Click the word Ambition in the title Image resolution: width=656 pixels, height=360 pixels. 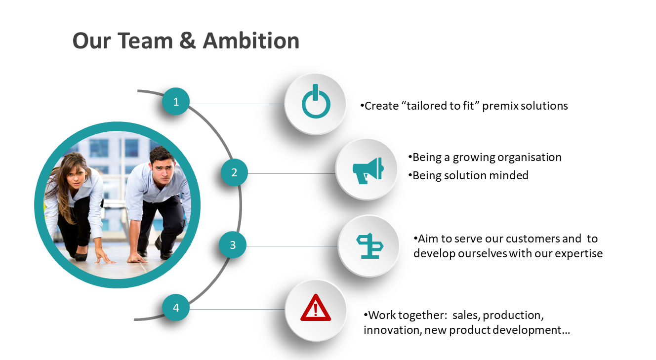[x=251, y=40]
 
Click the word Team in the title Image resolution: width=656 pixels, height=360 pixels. [x=145, y=40]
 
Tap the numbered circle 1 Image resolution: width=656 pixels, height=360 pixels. [x=176, y=101]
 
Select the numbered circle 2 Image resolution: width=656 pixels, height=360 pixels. [x=234, y=172]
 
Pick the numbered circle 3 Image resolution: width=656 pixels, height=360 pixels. [x=233, y=244]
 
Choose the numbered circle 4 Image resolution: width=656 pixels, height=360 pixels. [x=176, y=307]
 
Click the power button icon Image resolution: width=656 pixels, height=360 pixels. [x=316, y=101]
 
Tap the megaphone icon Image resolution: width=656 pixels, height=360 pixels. [x=368, y=171]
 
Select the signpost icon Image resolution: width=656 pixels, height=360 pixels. [x=369, y=246]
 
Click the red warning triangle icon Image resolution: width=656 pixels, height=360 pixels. [x=316, y=308]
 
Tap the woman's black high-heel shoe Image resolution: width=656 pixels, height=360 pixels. [x=81, y=255]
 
